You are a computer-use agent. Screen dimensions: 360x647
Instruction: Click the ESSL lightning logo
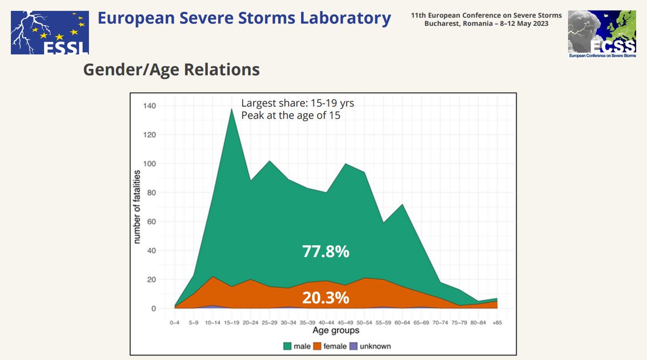coord(50,28)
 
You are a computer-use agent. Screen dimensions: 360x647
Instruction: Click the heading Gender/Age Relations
coord(171,70)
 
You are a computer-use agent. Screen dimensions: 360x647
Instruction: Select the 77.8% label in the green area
coord(326,251)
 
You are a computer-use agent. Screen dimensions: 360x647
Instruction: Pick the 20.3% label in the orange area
coord(326,297)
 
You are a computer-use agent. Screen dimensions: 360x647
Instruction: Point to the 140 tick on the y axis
coord(149,106)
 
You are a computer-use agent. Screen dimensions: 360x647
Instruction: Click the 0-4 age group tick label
coord(175,322)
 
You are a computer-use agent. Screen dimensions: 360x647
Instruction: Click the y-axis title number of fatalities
coord(138,207)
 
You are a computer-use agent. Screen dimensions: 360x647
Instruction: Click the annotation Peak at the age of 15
coord(291,115)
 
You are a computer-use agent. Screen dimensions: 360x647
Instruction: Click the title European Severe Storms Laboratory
coord(244,18)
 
